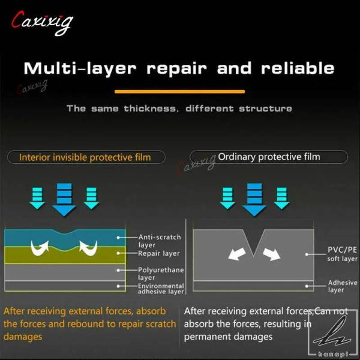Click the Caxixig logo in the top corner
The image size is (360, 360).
42,23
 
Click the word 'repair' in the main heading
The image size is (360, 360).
176,69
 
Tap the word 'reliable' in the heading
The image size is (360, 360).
298,68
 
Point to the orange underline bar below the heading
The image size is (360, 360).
179,92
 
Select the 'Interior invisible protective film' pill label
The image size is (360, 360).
86,157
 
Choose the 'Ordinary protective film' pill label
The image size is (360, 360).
269,157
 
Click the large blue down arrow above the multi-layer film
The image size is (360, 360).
64,200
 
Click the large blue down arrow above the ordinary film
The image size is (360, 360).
254,200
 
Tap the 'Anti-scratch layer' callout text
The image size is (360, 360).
160,241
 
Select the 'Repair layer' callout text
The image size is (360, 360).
158,253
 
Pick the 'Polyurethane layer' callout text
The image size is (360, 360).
161,274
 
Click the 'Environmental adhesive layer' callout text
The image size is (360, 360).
161,289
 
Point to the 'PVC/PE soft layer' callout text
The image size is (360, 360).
342,254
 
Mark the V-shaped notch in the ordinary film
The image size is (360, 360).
253,241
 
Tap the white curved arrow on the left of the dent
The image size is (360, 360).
40,248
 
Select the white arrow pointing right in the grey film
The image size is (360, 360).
272,254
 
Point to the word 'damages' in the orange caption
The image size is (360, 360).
23,337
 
